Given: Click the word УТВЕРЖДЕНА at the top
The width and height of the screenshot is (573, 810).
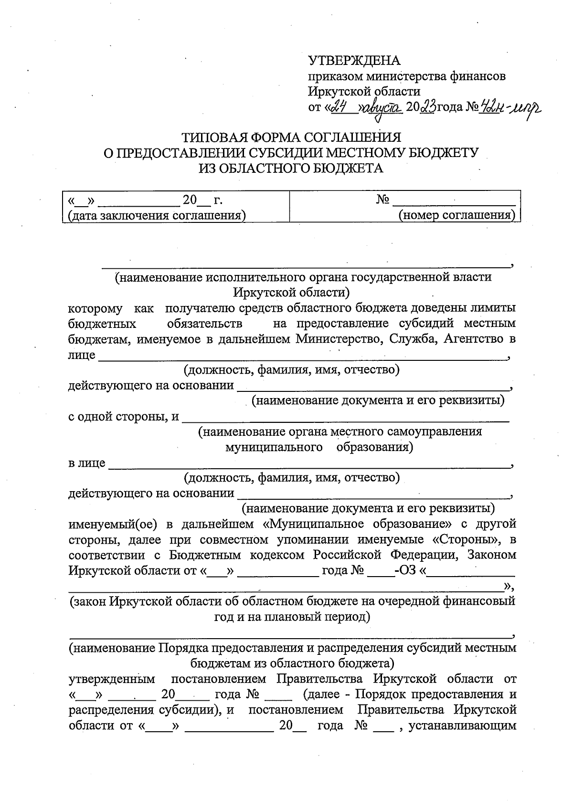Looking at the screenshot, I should point(354,61).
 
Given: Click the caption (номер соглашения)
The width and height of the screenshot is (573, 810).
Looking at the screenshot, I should point(457,215).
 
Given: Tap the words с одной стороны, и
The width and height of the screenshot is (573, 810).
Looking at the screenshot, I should point(124,417).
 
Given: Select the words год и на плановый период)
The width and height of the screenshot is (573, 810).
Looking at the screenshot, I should point(292,617).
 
